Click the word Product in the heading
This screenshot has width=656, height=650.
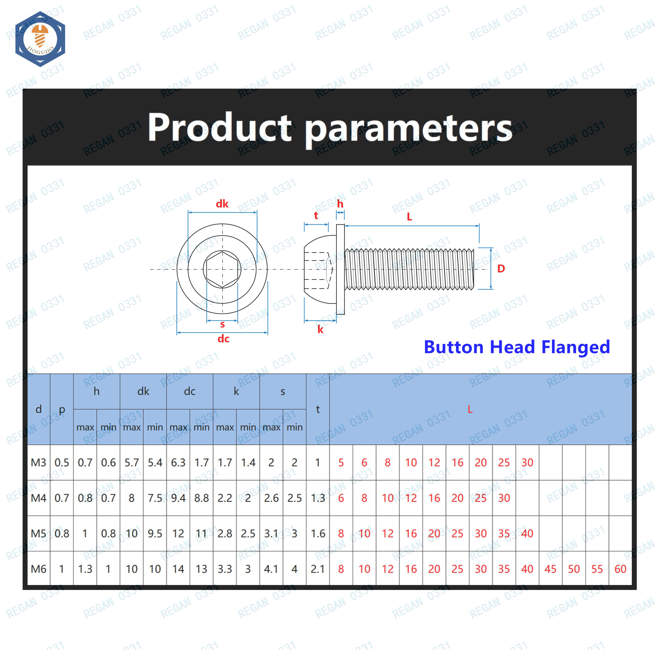(x=219, y=127)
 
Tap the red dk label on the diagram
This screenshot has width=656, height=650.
(x=222, y=204)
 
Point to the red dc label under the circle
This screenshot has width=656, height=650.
(x=223, y=339)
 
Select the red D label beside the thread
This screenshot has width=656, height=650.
(x=501, y=269)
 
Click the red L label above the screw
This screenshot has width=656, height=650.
(x=409, y=217)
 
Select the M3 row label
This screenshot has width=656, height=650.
(x=38, y=463)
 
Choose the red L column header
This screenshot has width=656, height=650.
(x=470, y=409)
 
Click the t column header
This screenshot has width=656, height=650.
(x=318, y=409)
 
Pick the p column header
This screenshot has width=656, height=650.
(x=62, y=410)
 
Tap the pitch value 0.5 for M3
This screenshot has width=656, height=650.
(x=62, y=463)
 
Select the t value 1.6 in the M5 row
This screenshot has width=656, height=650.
(x=318, y=533)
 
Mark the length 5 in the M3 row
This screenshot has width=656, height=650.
(x=341, y=463)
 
